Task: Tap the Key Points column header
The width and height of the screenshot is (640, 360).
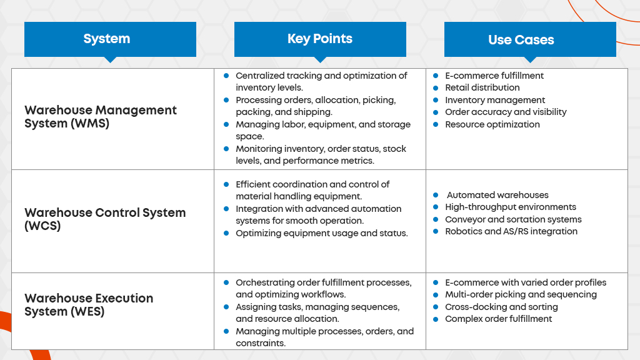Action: tap(320, 39)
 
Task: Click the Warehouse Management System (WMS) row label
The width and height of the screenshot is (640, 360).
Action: tap(101, 117)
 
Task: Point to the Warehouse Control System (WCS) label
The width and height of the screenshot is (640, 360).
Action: tap(105, 219)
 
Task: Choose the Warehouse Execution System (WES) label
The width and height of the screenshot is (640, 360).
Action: tap(89, 304)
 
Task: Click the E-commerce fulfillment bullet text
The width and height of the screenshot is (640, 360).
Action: tap(494, 76)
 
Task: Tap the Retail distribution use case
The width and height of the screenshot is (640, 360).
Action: tap(482, 87)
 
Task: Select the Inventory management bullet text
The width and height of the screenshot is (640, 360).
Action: tap(495, 100)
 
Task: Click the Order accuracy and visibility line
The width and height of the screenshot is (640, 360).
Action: tap(506, 112)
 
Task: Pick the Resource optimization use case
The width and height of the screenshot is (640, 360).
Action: tap(492, 124)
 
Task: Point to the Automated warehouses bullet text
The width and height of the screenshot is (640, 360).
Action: tap(497, 195)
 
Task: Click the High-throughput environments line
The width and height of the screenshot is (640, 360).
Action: tap(511, 207)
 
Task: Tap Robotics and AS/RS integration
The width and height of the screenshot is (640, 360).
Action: tap(511, 231)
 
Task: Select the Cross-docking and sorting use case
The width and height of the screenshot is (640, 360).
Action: tap(501, 307)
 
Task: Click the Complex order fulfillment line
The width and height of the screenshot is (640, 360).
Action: tap(498, 319)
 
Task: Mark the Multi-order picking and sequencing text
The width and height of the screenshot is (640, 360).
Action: tap(521, 295)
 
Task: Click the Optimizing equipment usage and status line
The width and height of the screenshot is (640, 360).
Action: tap(322, 233)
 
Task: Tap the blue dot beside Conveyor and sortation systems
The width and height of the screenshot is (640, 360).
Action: tap(436, 219)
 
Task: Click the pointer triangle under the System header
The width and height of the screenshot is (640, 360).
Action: tap(110, 59)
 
